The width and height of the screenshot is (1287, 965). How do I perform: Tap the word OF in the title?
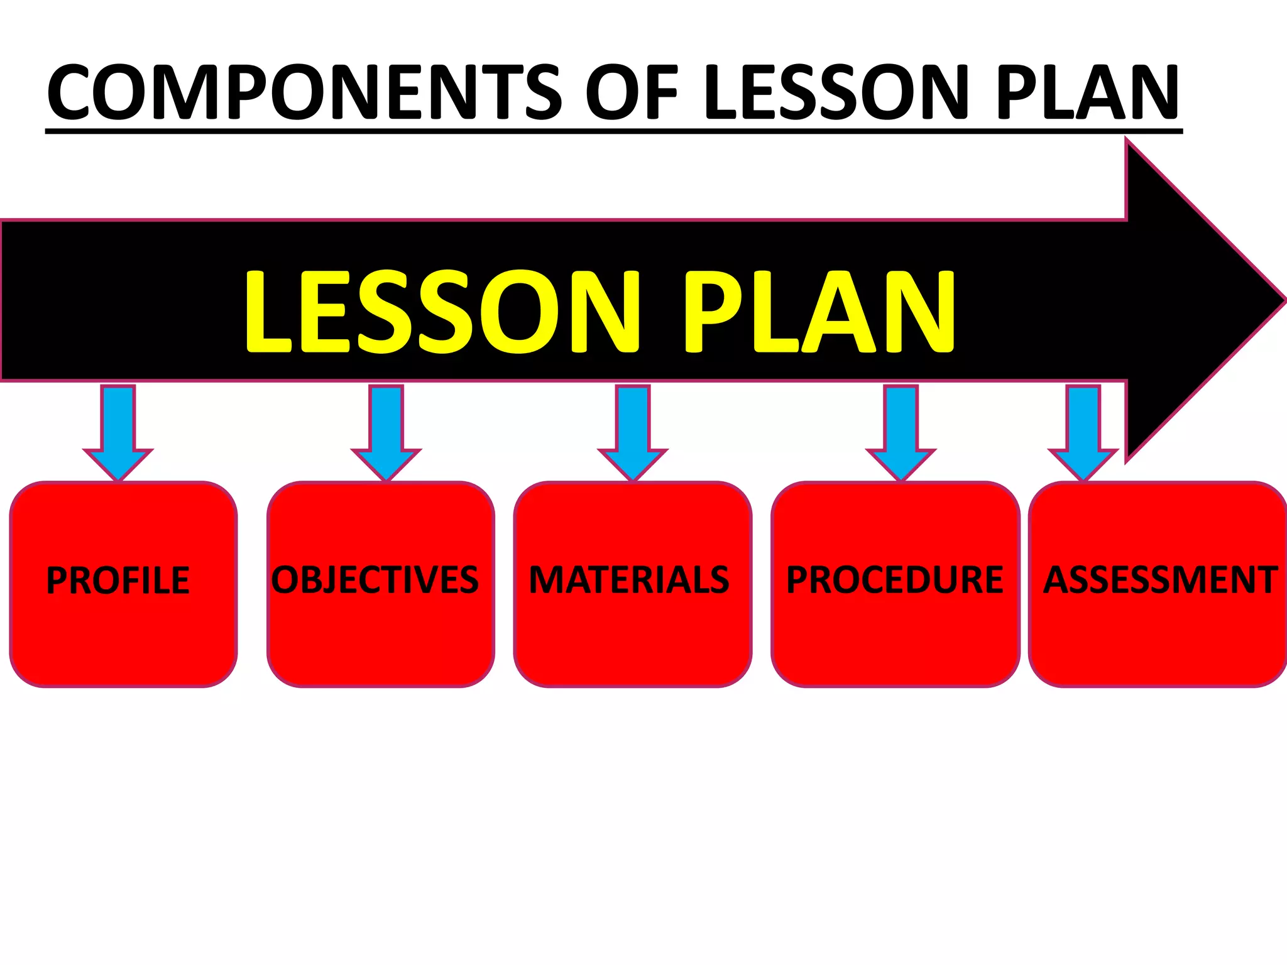[x=632, y=92]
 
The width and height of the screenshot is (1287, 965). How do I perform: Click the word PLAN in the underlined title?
[x=1087, y=92]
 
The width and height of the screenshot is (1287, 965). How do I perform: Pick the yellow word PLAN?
[x=819, y=311]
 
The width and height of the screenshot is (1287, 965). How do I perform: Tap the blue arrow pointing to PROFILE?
[x=118, y=433]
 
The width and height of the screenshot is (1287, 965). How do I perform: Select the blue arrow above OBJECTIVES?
[x=386, y=433]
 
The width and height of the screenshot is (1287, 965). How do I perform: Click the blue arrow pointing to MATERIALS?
[x=633, y=433]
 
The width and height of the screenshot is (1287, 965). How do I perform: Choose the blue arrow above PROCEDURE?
[x=901, y=433]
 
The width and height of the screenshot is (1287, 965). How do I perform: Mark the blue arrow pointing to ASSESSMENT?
[x=1083, y=433]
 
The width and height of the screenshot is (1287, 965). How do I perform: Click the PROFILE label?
[x=118, y=580]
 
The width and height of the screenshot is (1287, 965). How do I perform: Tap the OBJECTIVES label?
[x=375, y=579]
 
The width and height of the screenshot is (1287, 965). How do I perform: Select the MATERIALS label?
[x=629, y=579]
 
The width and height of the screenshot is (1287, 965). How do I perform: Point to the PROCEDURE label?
[x=895, y=579]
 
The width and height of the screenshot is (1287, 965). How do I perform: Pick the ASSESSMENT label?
[x=1160, y=579]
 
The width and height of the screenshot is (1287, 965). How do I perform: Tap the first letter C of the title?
[x=70, y=92]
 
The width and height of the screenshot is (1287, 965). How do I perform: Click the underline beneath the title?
[x=613, y=131]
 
